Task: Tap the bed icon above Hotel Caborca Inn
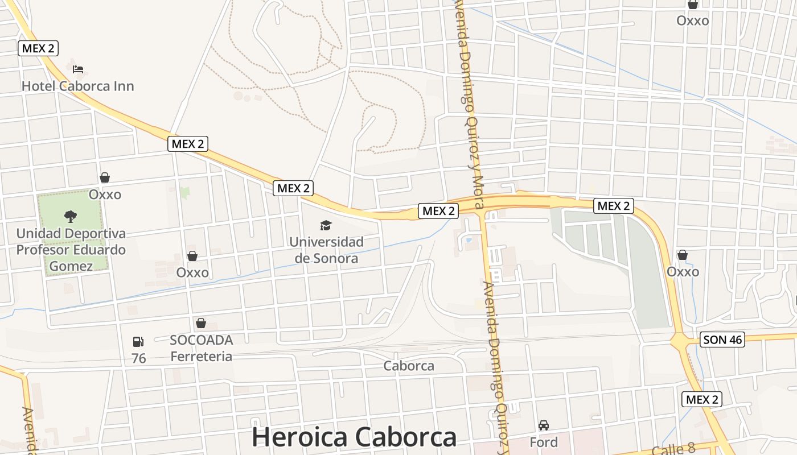point(78,69)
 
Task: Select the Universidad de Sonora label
point(326,250)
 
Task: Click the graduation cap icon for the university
point(326,226)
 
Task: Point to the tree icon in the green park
point(71,216)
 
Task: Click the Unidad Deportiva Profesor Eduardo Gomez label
point(71,250)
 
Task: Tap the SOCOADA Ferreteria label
point(202,348)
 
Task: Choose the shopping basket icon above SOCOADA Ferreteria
point(201,324)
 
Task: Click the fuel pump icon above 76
point(138,342)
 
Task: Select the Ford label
point(544,442)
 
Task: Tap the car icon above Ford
point(544,425)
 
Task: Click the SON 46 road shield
point(722,340)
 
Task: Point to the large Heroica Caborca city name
point(354,437)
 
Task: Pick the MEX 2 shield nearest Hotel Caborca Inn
point(38,48)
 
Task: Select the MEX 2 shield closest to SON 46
point(702,399)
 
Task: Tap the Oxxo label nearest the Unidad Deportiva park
point(105,195)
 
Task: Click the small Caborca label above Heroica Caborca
point(409,366)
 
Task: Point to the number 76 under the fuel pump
point(138,358)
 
